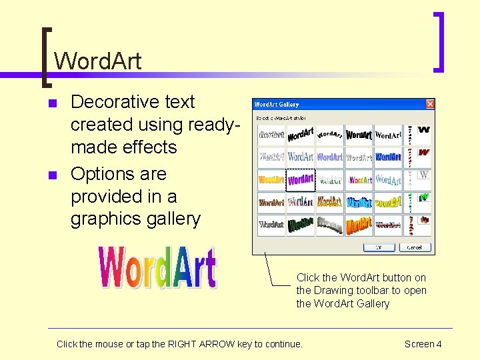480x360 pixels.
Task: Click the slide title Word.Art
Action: [97, 61]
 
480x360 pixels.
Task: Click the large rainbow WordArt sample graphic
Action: [157, 267]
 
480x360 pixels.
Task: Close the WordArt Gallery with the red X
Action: [430, 104]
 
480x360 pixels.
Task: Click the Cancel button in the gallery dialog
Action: [415, 247]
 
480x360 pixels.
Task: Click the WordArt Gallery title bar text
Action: [277, 105]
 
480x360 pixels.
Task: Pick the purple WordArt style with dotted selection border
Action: [301, 179]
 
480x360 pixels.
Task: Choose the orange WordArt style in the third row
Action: [271, 179]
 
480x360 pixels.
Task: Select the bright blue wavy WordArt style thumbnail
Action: [359, 202]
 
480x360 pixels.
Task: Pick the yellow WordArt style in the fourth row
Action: [388, 202]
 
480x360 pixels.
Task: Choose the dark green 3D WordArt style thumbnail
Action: [301, 225]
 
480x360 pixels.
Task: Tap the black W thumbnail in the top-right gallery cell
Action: [424, 129]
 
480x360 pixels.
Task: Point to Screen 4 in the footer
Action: [423, 344]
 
